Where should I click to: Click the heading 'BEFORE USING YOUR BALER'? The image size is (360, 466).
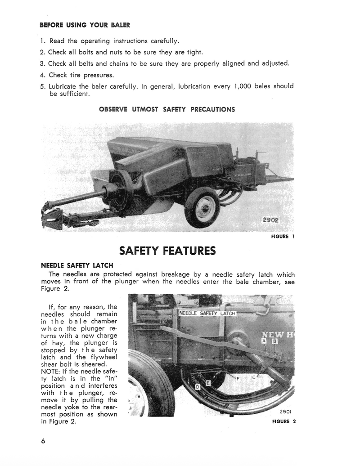[85, 25]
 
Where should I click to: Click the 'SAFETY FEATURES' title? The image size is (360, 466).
[167, 251]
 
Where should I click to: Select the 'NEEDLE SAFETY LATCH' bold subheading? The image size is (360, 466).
[77, 265]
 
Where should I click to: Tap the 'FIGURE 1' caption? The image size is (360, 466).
[283, 237]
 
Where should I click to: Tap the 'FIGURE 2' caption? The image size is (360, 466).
[284, 421]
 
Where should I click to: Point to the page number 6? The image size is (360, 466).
[43, 441]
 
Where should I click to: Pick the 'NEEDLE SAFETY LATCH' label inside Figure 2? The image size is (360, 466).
[207, 314]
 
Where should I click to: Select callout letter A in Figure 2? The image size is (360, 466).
[264, 341]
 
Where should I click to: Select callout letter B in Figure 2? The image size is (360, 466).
[274, 341]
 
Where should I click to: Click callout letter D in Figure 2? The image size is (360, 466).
[198, 387]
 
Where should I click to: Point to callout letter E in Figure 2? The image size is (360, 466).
[207, 382]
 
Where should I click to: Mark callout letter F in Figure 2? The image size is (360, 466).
[237, 378]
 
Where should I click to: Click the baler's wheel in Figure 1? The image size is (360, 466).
[202, 207]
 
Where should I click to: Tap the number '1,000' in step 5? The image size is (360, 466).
[246, 86]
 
